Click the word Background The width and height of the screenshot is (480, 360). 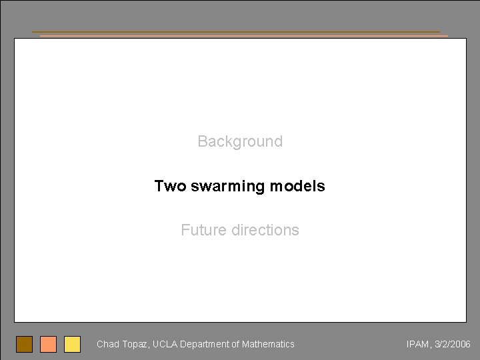240,141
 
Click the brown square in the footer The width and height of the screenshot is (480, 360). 25,344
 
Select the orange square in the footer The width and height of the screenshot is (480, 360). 48,344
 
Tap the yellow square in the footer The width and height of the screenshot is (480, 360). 72,344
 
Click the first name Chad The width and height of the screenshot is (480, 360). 107,345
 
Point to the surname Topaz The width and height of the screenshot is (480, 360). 135,345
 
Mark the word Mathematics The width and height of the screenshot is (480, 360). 268,345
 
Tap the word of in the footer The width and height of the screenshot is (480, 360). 235,345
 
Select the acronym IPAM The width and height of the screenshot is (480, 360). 417,345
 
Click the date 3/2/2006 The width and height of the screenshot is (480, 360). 453,345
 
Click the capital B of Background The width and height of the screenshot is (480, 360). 202,141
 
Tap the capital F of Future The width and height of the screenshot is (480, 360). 185,230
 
